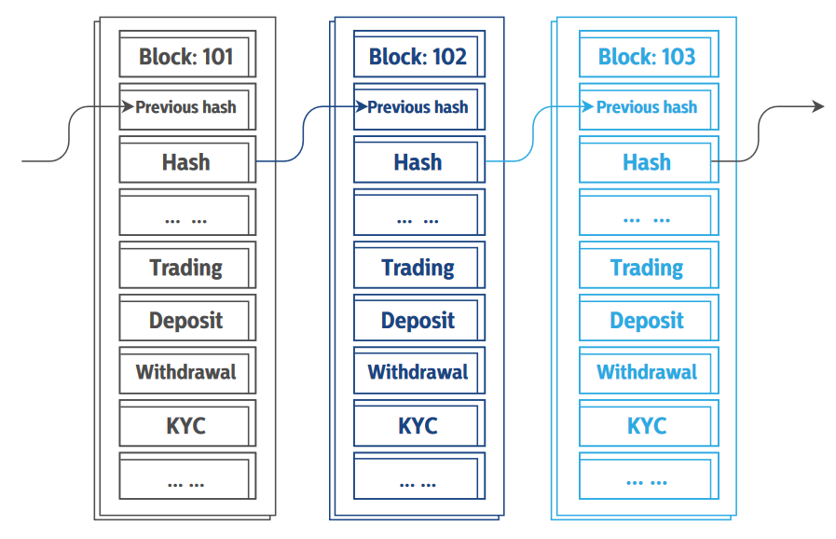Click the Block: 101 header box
[186, 56]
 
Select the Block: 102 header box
[418, 56]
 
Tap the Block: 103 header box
[647, 56]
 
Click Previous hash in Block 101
[186, 107]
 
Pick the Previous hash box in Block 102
[418, 107]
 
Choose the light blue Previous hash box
[647, 107]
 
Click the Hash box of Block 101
[186, 161]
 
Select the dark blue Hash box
[418, 161]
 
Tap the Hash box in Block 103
[647, 161]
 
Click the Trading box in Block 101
[186, 268]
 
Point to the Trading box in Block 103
[647, 268]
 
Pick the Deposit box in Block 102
[418, 321]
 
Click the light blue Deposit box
[647, 321]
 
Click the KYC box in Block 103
[647, 426]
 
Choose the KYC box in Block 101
[186, 426]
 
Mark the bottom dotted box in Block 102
[418, 479]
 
